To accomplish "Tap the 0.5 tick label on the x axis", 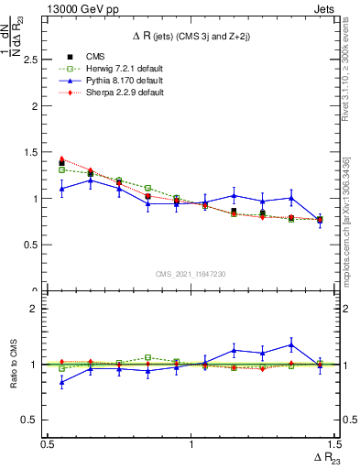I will coord(48,444).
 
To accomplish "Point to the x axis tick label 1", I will coord(191,444).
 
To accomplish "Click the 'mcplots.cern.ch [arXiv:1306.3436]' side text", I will coord(345,220).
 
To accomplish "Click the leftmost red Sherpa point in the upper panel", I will coord(61,158).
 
